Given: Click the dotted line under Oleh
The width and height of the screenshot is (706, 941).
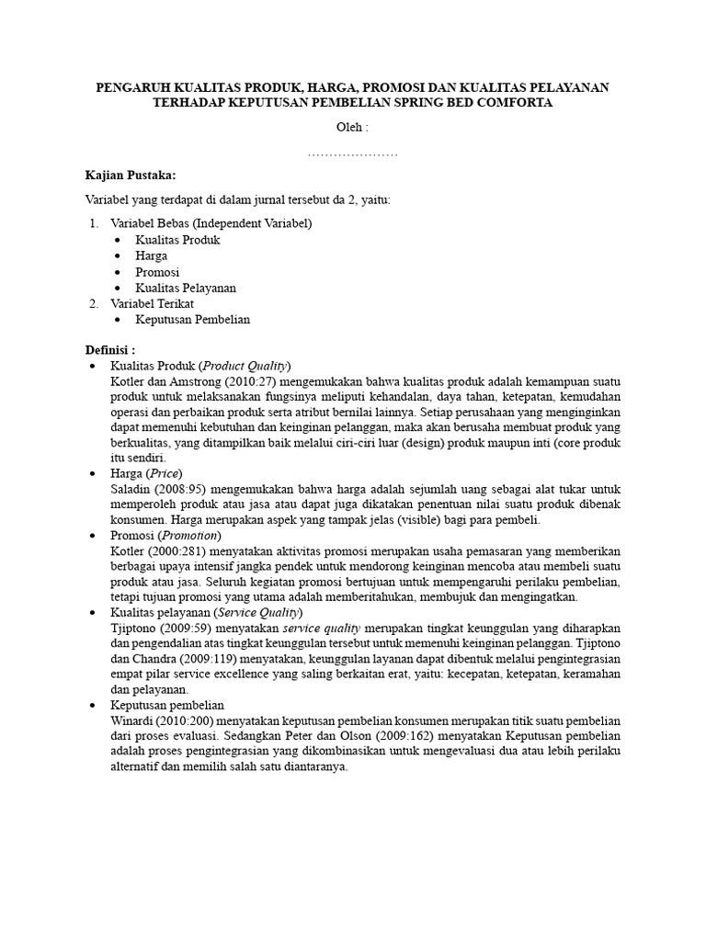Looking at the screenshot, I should pos(352,153).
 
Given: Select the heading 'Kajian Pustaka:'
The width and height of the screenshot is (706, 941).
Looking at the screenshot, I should pos(130,176).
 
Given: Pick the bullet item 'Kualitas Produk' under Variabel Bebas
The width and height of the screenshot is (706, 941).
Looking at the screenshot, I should pos(177,240).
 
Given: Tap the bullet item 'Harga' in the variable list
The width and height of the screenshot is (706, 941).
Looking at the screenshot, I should pos(152,255).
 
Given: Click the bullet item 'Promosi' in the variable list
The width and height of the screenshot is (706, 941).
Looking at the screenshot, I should pos(157,272).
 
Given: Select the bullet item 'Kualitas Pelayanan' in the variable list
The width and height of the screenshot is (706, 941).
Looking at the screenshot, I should pos(186,288).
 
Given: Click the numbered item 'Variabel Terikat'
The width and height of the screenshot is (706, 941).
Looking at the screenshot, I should pos(153,303).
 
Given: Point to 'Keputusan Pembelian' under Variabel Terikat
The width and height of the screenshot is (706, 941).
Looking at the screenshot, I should pos(193,319).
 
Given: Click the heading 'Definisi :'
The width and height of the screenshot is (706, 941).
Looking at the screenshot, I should pos(110,350).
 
